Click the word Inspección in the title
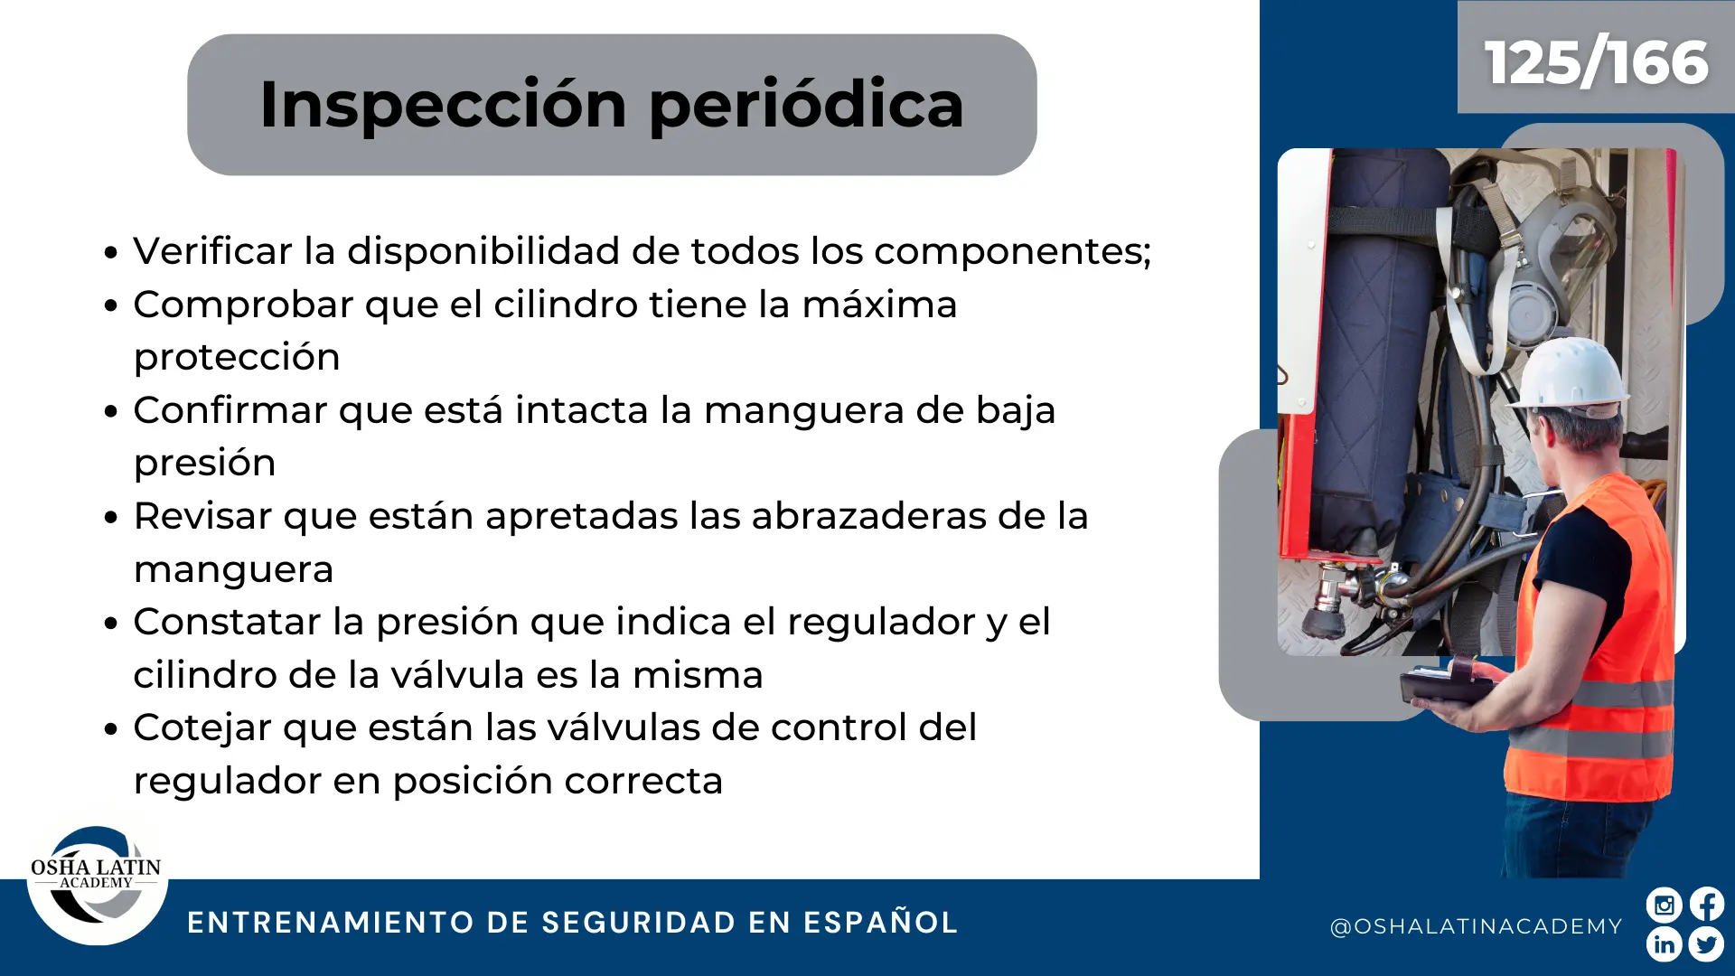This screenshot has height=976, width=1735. coord(443,106)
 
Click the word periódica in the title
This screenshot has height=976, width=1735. coord(806,106)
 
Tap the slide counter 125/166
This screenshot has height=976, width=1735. coord(1596,62)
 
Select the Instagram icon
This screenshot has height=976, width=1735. coord(1664,905)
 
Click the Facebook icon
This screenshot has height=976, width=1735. coord(1707,905)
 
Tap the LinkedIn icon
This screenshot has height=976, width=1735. coord(1664,944)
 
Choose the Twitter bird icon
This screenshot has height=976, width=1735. coord(1707,944)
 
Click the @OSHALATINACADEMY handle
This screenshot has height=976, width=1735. coord(1477,926)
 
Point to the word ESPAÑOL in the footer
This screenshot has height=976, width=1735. coord(880,922)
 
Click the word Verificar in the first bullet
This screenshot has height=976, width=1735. coord(213,250)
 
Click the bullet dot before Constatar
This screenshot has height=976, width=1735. coord(111,624)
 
